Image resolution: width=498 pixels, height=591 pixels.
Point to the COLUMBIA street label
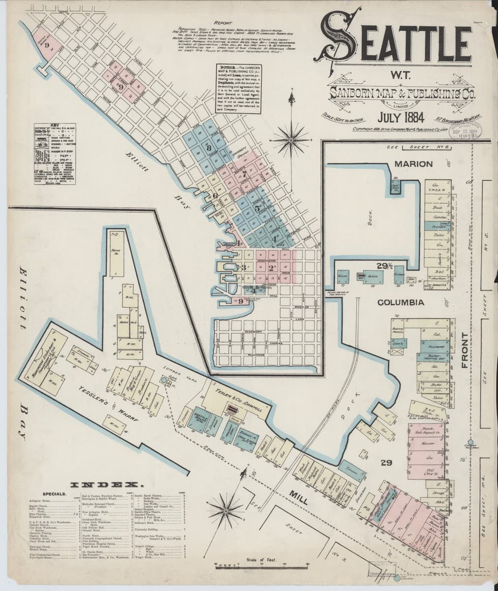401,301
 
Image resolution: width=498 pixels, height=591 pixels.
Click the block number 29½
384,266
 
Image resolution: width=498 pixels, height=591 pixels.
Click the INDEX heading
107,485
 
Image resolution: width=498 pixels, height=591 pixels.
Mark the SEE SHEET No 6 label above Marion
417,147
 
